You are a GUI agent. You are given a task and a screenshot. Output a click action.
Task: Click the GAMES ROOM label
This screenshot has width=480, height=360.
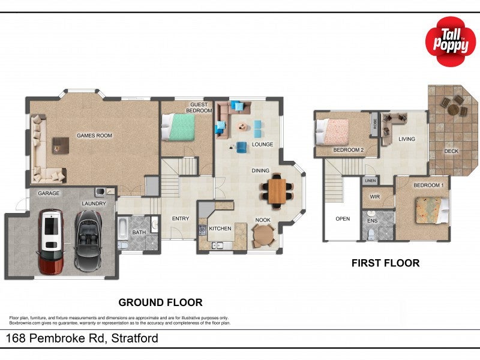[x=94, y=136]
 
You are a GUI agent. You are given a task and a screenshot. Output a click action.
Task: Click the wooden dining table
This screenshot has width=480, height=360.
[x=277, y=191]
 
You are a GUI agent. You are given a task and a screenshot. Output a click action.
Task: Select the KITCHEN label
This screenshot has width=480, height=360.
[x=220, y=229]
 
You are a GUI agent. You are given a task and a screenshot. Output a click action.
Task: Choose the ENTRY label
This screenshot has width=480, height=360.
[x=180, y=218]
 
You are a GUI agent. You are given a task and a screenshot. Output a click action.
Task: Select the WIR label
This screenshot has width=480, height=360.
[x=374, y=196]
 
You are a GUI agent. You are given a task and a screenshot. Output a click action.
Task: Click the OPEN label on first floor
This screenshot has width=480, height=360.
[x=343, y=218]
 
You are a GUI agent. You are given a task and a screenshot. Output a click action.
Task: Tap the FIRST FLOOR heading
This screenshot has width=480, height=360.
[x=385, y=263]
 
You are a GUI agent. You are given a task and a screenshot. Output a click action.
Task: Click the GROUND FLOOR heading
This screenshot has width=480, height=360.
[x=160, y=302]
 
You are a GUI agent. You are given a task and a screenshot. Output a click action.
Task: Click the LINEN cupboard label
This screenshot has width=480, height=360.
[x=370, y=181]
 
